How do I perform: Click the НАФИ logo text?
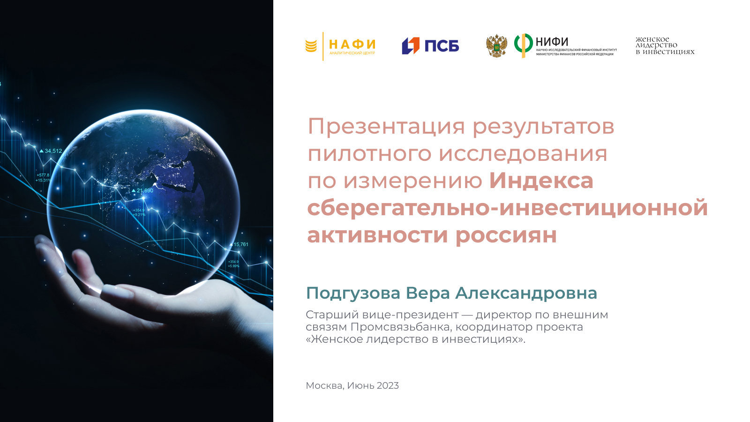(352, 44)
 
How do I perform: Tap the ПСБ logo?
(430, 46)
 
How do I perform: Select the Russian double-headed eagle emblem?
(496, 46)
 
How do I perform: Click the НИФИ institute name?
(552, 42)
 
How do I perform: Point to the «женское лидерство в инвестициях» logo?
(665, 45)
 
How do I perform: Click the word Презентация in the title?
(386, 127)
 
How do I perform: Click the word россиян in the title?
(506, 235)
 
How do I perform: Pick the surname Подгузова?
(353, 294)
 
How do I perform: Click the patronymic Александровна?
(526, 294)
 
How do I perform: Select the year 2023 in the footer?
(388, 385)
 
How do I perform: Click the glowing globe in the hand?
(143, 203)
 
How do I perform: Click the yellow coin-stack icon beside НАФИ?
(311, 46)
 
